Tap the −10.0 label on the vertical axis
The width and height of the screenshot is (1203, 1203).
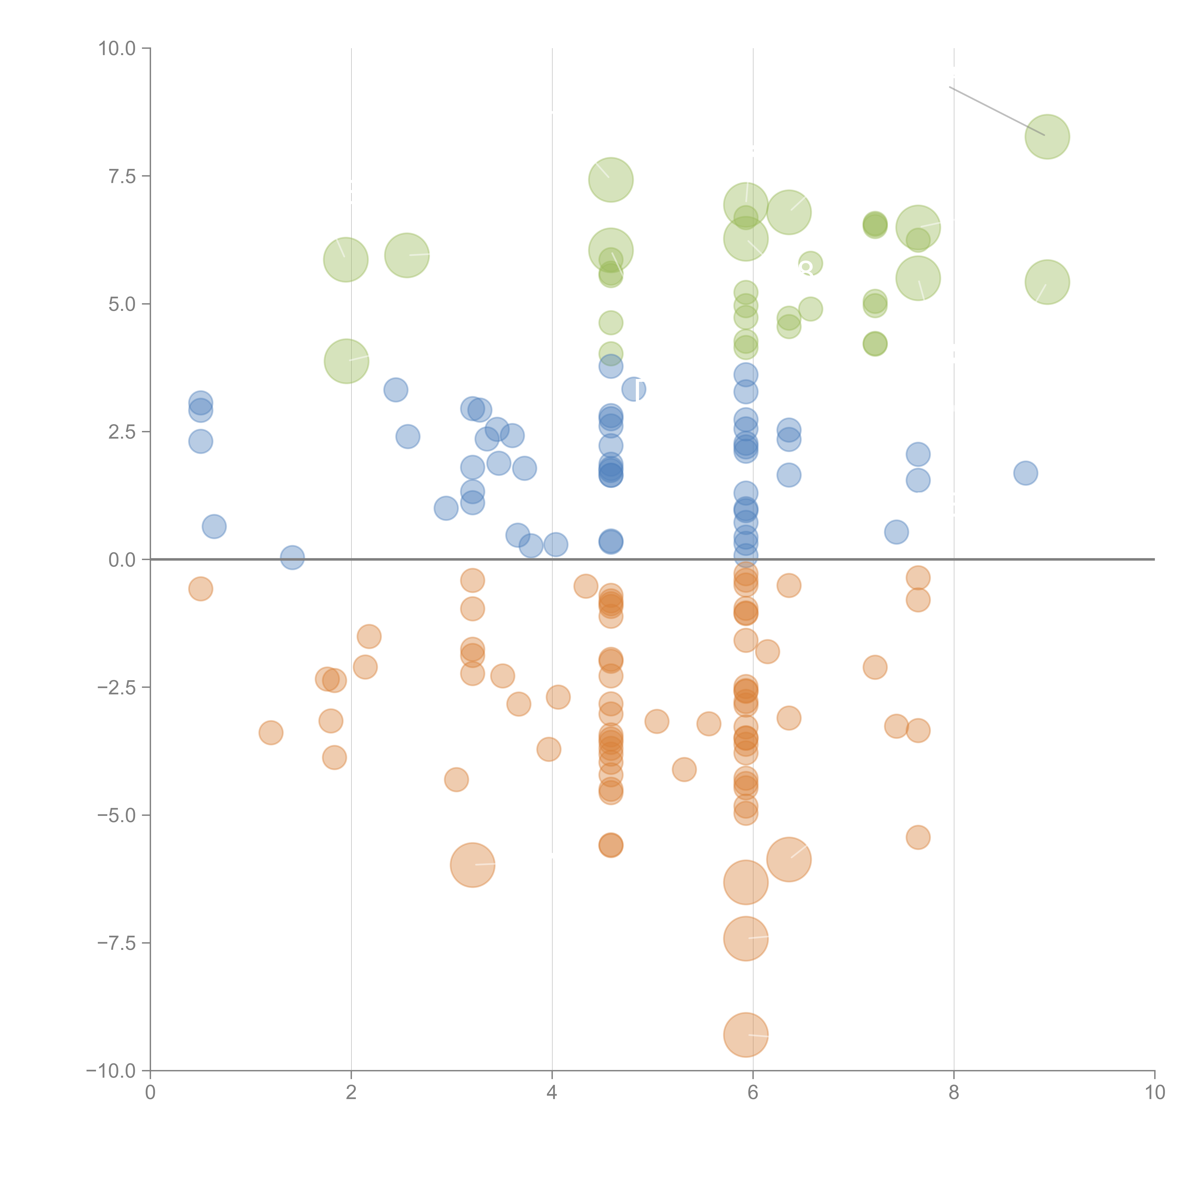pos(111,1071)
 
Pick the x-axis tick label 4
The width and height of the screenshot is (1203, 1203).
pos(552,1093)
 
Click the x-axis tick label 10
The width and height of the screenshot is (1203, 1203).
pos(1154,1093)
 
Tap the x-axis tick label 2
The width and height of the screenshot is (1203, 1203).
pos(351,1093)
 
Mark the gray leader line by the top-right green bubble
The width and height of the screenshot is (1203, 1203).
pos(996,111)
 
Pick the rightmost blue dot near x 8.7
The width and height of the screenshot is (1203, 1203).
pos(1025,473)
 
